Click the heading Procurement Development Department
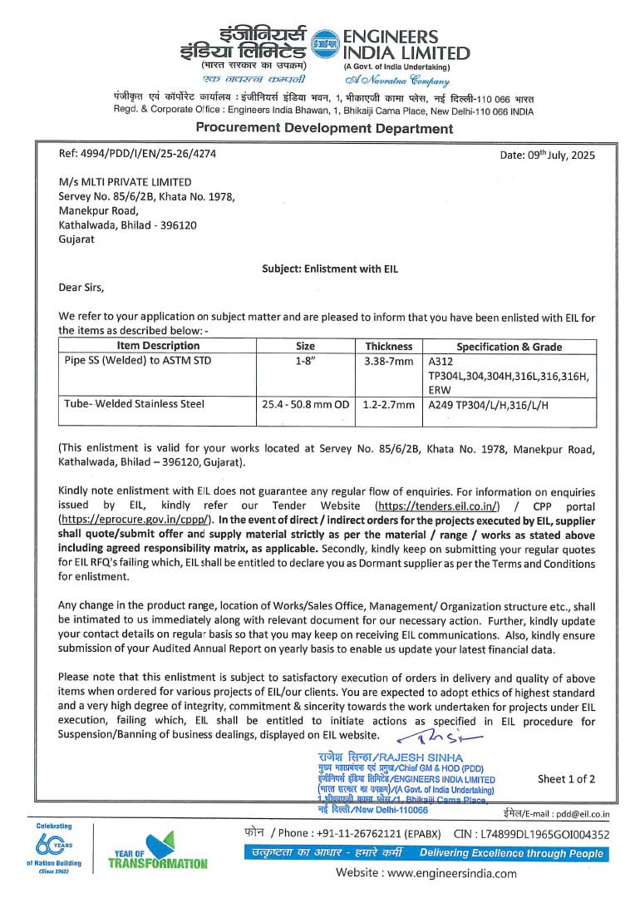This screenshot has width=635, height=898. [x=324, y=128]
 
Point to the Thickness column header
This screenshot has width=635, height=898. [x=388, y=346]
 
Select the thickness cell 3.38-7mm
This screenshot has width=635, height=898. [x=388, y=362]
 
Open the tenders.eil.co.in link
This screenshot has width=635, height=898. [x=437, y=506]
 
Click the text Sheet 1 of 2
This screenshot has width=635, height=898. [x=567, y=779]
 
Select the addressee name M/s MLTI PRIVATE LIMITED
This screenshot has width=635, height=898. [x=125, y=182]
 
